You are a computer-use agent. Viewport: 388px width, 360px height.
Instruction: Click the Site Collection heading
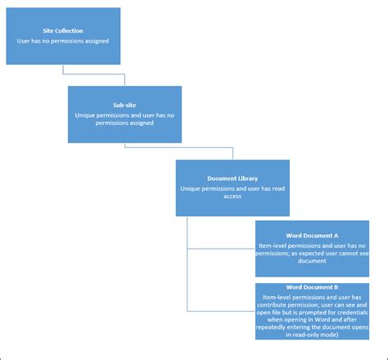tap(63, 29)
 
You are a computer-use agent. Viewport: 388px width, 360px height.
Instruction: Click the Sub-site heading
tap(124, 105)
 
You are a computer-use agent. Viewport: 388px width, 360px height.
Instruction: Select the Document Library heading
tap(232, 178)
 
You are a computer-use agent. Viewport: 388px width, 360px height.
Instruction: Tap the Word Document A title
tap(312, 235)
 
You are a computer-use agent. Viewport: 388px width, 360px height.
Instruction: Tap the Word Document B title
tap(312, 287)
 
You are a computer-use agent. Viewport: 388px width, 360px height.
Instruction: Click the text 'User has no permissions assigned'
tap(63, 39)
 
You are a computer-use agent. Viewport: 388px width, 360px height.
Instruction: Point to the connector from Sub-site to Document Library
tap(180, 147)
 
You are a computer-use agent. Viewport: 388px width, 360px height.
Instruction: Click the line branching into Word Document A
tap(221, 249)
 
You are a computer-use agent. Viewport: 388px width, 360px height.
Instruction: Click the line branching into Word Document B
tap(221, 311)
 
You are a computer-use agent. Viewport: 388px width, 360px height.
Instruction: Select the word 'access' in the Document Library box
tap(232, 196)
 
